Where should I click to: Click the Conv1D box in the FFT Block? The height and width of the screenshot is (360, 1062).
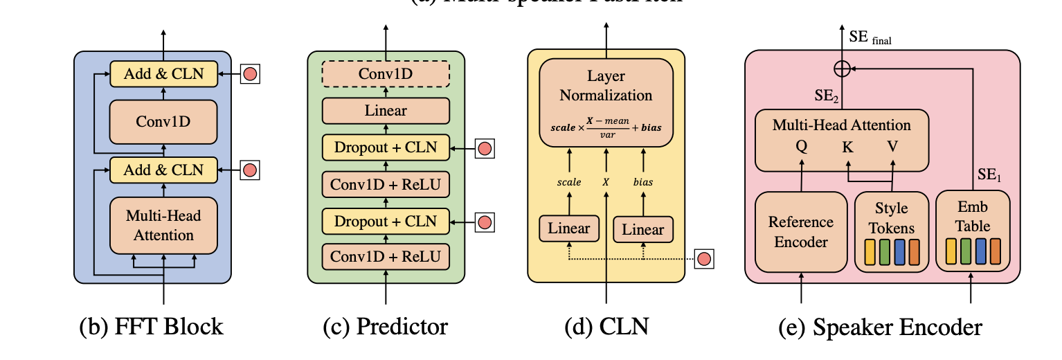tap(164, 122)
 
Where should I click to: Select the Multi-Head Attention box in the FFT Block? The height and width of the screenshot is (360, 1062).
tap(164, 225)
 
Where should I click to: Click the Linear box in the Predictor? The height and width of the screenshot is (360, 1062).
tap(386, 110)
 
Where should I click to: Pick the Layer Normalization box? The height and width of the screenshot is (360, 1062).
tap(606, 102)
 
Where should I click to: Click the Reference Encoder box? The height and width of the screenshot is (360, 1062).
tap(801, 232)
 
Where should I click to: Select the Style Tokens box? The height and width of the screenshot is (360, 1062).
tap(891, 231)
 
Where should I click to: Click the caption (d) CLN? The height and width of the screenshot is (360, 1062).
tap(606, 326)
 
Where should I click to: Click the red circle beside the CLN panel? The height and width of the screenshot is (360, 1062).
tap(704, 259)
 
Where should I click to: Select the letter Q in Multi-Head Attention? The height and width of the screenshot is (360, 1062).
tap(801, 146)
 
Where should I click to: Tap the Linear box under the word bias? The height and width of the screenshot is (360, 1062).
tap(643, 229)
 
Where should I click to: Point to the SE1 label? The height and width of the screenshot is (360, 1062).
tap(990, 177)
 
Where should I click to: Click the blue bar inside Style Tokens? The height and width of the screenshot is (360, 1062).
tap(900, 250)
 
